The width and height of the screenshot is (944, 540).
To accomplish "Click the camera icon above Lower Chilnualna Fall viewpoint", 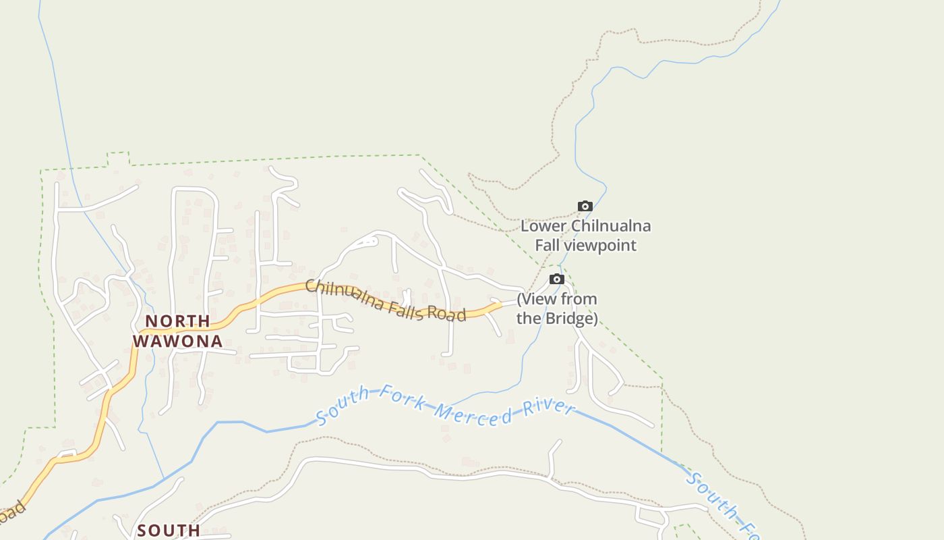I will click(585, 207).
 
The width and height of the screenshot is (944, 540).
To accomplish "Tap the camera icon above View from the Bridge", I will click(556, 279).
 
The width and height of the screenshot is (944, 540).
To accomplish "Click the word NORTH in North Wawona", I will click(178, 321).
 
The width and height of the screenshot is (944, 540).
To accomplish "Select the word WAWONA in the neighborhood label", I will click(178, 341).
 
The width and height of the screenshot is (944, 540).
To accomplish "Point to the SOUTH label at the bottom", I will click(169, 531).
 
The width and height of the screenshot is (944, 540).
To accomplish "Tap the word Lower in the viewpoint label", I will click(543, 226).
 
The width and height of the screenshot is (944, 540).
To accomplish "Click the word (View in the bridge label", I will click(537, 299).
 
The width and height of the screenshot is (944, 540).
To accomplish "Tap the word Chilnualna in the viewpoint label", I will click(611, 226).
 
